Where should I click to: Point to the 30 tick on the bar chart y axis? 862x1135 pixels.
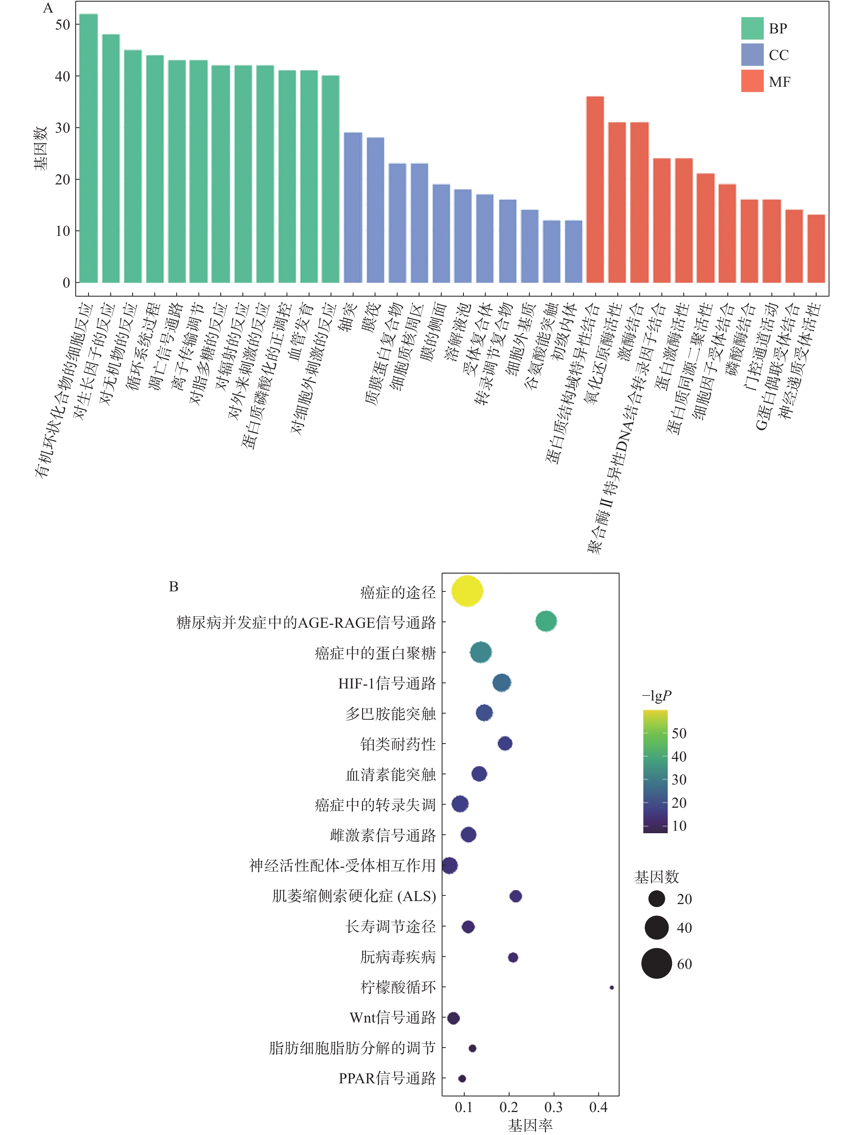pos(63,128)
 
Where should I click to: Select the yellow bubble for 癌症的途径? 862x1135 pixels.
pos(467,591)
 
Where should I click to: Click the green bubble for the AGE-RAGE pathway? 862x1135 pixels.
pos(546,621)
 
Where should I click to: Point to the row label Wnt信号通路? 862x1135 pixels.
pos(392,1018)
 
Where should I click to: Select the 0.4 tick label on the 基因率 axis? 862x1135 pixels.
pos(598,1107)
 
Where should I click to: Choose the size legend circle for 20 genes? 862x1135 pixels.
pos(656,899)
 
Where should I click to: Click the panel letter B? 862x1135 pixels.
pos(173,586)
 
